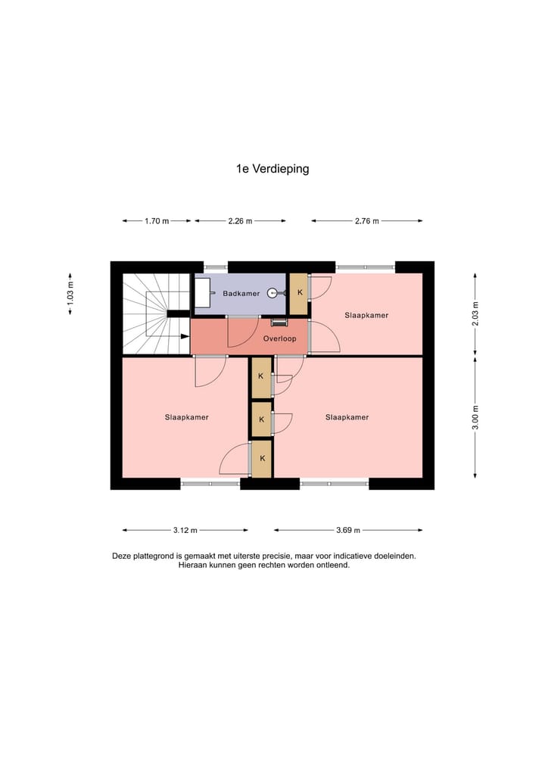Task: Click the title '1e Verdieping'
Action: (272, 170)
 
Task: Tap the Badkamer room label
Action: (241, 293)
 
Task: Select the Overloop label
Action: (279, 339)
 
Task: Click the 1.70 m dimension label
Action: (157, 221)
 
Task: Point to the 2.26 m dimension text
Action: (240, 221)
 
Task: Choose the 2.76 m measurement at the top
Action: (366, 221)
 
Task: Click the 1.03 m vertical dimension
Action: (70, 293)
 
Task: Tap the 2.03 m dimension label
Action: (475, 313)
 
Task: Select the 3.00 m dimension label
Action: (475, 417)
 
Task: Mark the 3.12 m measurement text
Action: (185, 530)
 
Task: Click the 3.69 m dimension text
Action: (348, 530)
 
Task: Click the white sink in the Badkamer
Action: (202, 293)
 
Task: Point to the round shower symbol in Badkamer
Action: (272, 293)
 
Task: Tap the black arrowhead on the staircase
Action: (185, 337)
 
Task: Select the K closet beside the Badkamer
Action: (300, 294)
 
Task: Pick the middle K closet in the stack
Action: (262, 419)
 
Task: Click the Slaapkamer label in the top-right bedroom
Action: (366, 315)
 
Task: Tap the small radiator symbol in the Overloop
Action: (279, 323)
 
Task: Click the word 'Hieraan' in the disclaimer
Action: (192, 565)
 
